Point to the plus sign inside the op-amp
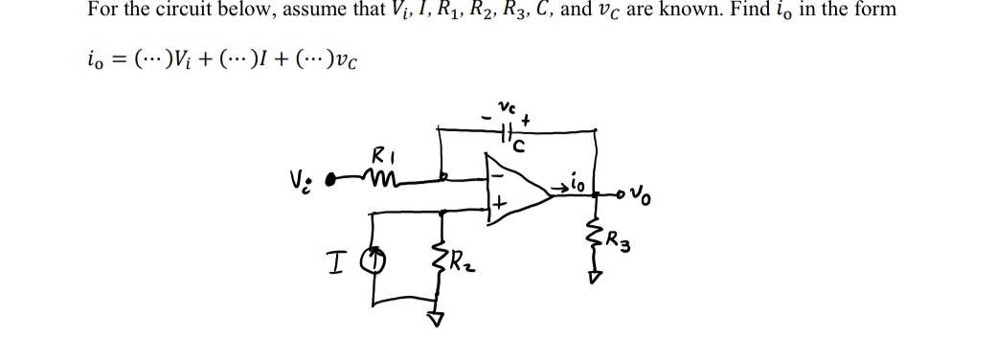pos(500,205)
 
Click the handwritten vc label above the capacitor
pos(509,104)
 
